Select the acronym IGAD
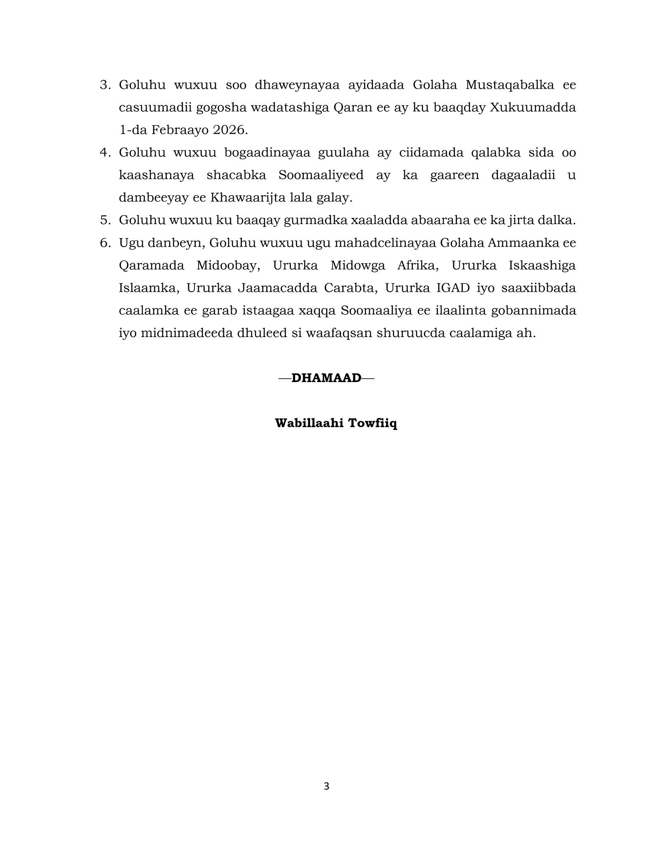453,288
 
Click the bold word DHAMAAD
326,378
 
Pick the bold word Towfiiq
373,423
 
